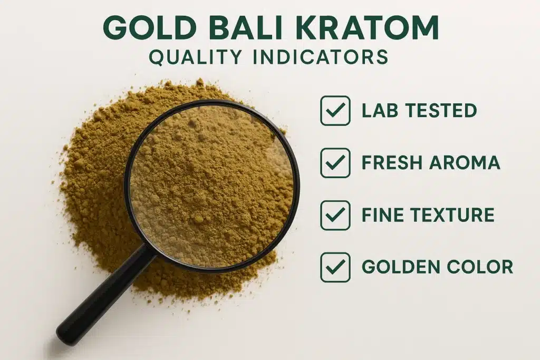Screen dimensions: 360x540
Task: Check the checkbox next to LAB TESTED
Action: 335,111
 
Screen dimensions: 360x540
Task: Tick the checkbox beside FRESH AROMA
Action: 335,163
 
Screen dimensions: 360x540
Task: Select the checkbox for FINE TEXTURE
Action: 335,215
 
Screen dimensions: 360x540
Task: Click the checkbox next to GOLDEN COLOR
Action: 335,267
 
